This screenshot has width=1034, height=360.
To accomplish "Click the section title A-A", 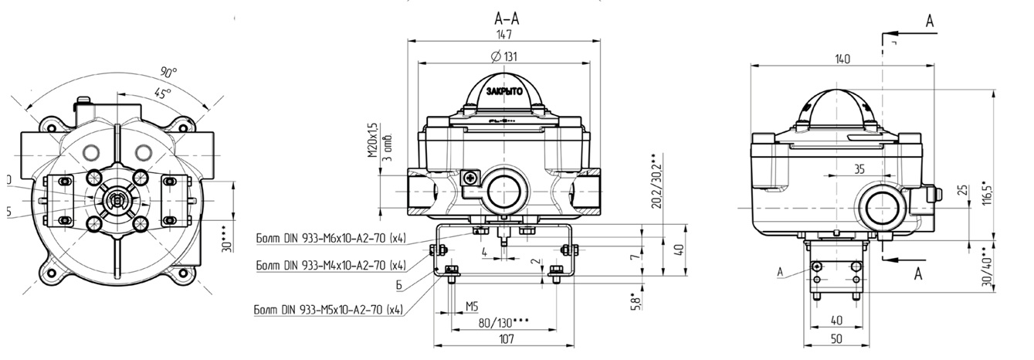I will pyautogui.click(x=507, y=19).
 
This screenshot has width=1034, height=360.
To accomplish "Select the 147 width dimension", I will pyautogui.click(x=506, y=35).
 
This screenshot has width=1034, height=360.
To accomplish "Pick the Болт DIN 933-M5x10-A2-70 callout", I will pyautogui.click(x=329, y=311).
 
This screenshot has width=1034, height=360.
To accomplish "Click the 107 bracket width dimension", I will pyautogui.click(x=506, y=338).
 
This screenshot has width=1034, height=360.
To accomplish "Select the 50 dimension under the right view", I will pyautogui.click(x=835, y=338).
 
